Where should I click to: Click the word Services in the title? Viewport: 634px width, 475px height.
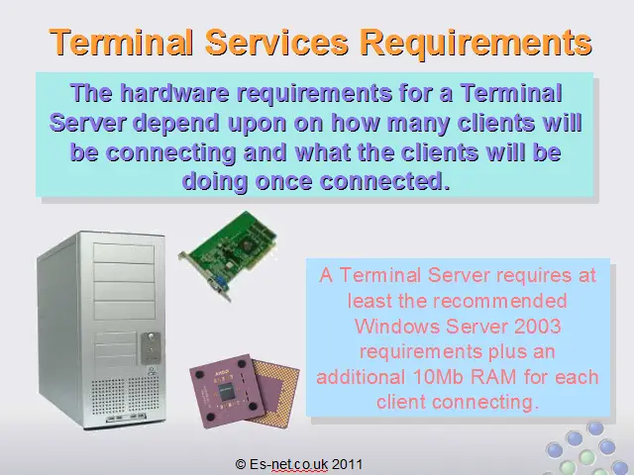277,42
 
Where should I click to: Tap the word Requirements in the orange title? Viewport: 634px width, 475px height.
475,44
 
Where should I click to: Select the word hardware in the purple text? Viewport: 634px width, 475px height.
175,92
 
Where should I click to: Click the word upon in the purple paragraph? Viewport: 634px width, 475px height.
258,123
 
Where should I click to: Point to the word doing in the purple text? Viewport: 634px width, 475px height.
215,182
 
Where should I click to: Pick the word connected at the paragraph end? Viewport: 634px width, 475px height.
384,181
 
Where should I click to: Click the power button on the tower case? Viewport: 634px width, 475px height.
151,336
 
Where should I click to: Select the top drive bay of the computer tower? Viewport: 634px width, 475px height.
124,253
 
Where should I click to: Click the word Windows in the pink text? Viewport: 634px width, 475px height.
398,326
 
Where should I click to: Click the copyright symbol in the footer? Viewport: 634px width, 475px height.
240,464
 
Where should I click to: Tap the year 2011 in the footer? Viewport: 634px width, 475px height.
348,464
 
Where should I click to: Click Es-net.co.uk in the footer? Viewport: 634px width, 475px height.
288,464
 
